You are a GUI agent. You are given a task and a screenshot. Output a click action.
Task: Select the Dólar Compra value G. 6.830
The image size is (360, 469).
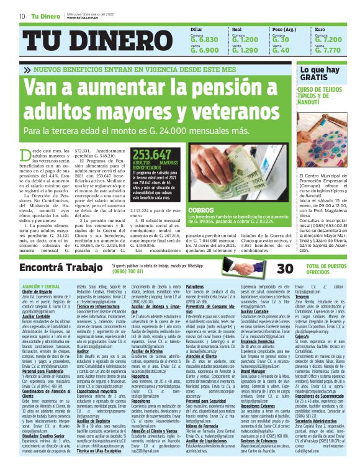point(204,40)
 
